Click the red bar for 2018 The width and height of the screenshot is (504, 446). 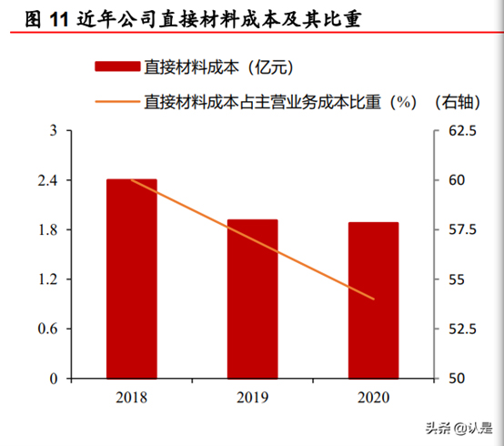point(132,279)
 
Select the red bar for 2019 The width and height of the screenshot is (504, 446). point(253,299)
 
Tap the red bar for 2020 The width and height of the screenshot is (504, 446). point(373,300)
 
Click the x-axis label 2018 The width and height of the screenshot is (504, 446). point(132,397)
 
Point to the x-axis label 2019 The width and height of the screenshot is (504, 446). point(253,397)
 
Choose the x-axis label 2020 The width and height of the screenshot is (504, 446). point(373,397)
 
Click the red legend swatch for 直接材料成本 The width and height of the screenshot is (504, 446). point(116,66)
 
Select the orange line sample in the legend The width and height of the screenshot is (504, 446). point(116,100)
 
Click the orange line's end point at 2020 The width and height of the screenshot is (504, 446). point(374,299)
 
